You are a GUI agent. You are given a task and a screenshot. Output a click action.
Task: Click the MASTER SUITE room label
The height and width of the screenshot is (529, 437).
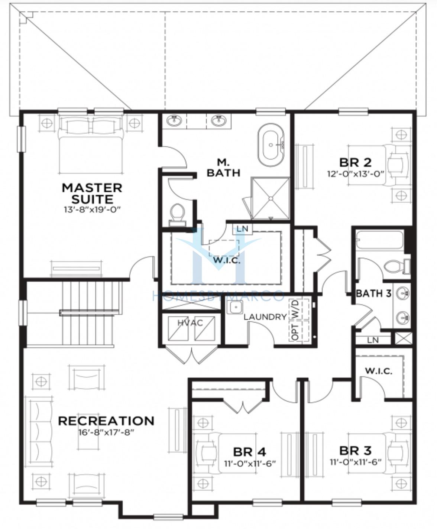pyautogui.click(x=92, y=194)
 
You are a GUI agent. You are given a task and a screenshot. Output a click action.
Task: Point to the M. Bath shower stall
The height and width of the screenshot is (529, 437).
pyautogui.click(x=270, y=198)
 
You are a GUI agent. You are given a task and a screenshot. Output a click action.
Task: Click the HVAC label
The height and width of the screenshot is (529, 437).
pyautogui.click(x=190, y=323)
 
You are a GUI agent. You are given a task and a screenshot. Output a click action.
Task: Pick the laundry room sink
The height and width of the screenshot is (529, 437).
pyautogui.click(x=235, y=308)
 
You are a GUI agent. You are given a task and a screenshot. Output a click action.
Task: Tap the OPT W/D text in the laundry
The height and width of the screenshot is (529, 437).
pyautogui.click(x=295, y=320)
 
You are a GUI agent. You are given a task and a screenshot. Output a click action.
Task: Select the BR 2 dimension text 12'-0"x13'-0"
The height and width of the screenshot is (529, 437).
pyautogui.click(x=355, y=174)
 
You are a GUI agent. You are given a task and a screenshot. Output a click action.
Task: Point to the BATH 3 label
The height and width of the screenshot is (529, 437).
pyautogui.click(x=373, y=293)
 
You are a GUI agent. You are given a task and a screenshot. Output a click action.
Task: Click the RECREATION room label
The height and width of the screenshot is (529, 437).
pyautogui.click(x=106, y=421)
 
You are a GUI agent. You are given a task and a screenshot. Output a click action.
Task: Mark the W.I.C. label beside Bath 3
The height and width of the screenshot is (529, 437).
pyautogui.click(x=379, y=371)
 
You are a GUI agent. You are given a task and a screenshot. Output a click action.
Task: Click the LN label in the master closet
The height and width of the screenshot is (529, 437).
pyautogui.click(x=242, y=229)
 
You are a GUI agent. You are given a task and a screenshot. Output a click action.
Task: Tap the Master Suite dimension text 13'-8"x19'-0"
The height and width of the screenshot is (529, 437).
pyautogui.click(x=92, y=210)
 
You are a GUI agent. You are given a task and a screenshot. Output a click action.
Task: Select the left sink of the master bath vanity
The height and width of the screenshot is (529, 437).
pyautogui.click(x=174, y=120)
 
